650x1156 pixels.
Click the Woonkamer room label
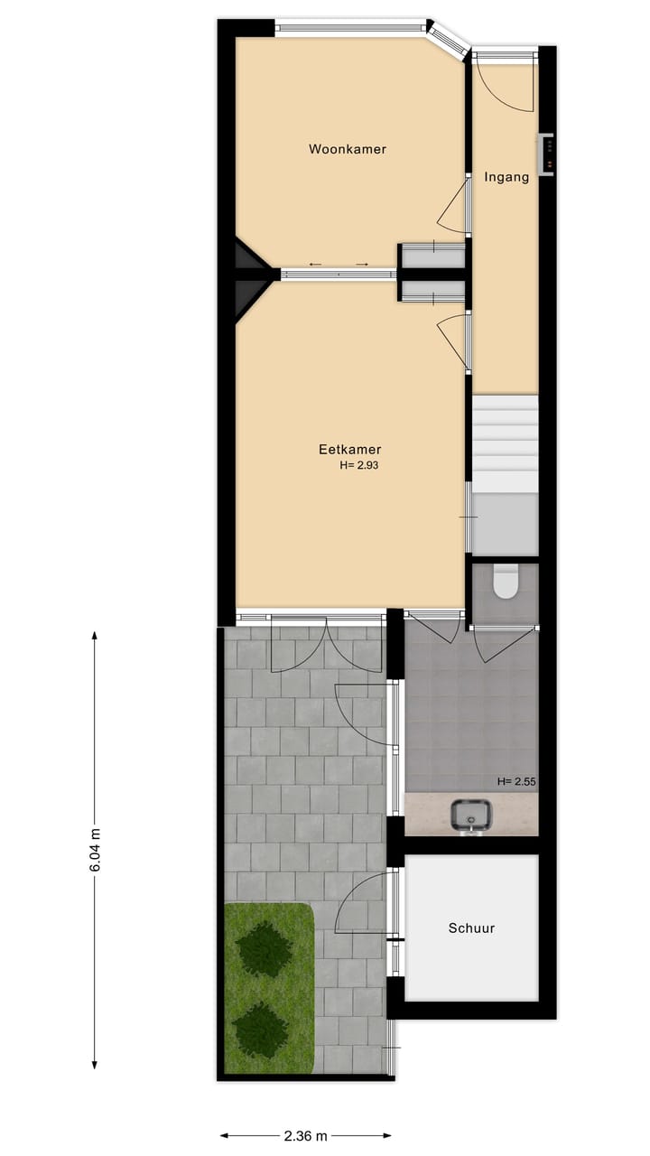click(347, 149)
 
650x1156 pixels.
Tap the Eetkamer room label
click(349, 449)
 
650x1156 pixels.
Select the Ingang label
click(506, 177)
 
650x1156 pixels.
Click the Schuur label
click(471, 928)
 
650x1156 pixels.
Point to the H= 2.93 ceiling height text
click(358, 466)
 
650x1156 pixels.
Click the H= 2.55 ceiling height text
click(516, 782)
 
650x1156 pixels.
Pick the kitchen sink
click(471, 815)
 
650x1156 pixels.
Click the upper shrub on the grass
click(264, 949)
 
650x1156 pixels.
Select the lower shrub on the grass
click(260, 1029)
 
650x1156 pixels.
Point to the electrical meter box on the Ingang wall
click(546, 154)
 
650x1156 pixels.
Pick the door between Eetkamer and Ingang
click(454, 340)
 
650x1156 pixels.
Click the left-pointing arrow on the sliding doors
click(315, 264)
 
